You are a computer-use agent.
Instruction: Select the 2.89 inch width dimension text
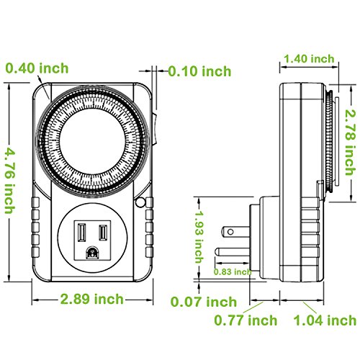(92, 298)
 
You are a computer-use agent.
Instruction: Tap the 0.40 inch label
(37, 69)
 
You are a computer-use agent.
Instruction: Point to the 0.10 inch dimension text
(199, 71)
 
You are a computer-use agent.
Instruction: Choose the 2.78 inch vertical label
(350, 136)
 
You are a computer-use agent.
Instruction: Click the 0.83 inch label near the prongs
(233, 271)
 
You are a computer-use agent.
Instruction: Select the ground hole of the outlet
(92, 253)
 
